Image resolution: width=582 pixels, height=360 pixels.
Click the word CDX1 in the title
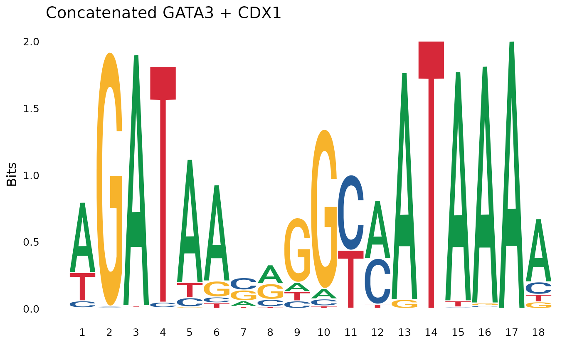(x=259, y=13)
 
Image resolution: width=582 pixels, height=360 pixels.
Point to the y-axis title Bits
(x=12, y=175)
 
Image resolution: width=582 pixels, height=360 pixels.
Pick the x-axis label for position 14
(x=431, y=333)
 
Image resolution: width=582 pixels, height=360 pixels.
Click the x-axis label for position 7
(x=243, y=333)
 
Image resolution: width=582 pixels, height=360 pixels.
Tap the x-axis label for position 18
(x=538, y=333)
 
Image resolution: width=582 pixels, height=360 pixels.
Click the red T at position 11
(x=350, y=274)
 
